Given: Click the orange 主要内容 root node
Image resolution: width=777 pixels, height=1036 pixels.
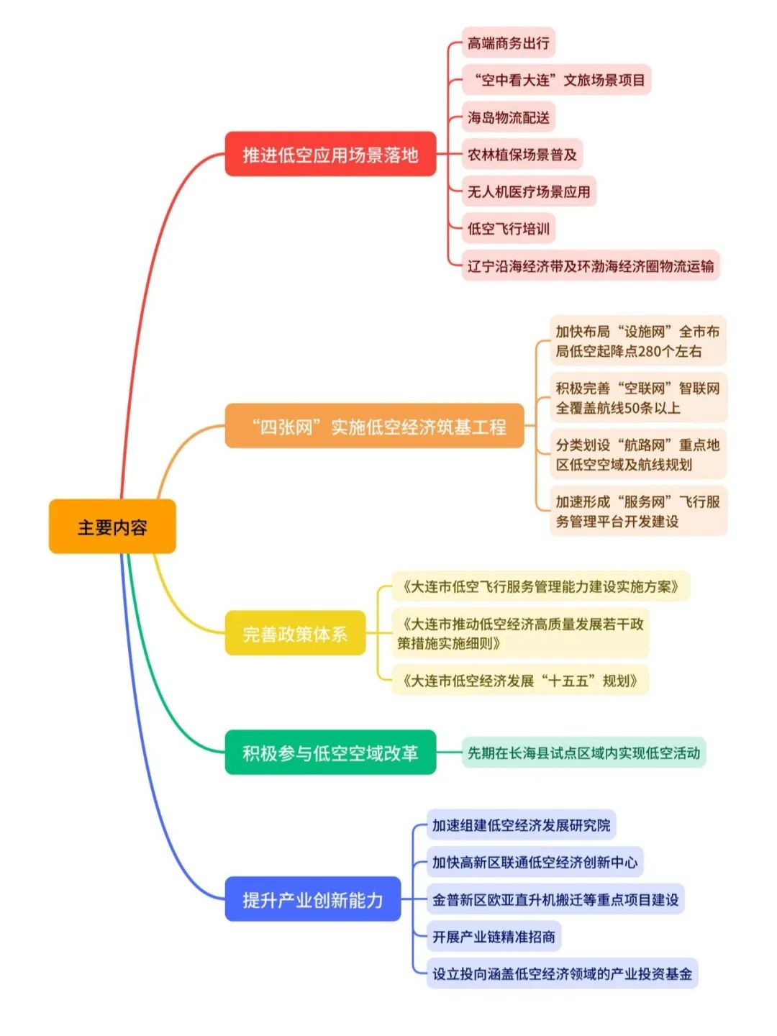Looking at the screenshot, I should tap(112, 527).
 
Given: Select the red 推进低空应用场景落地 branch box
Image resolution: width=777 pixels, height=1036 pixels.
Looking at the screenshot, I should tap(330, 154).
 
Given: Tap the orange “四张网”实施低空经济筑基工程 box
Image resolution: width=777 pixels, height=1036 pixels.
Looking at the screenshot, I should tap(374, 426).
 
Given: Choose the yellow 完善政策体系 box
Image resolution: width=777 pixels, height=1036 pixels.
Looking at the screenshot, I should tap(295, 633).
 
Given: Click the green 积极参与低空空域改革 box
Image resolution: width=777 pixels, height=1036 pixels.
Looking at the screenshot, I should tap(330, 753).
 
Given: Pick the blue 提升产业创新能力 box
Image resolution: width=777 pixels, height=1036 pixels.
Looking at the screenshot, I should tap(313, 899).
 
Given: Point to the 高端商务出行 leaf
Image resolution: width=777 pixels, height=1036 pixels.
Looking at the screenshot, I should tap(508, 43).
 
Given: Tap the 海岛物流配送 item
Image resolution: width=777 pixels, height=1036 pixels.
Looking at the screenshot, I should tap(508, 117).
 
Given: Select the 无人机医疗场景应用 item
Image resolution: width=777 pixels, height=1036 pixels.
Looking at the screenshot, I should tap(529, 191).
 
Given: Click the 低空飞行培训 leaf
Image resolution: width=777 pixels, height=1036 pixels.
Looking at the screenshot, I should tap(508, 229).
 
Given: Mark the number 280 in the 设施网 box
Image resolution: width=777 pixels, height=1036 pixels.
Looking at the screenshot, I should tap(650, 352).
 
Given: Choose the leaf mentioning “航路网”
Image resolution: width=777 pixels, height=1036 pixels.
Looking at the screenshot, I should tap(637, 455).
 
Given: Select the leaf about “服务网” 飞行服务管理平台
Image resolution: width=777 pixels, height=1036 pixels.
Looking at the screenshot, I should tap(637, 511).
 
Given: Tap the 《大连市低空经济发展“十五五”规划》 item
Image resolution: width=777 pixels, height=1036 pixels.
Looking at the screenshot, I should tap(519, 681).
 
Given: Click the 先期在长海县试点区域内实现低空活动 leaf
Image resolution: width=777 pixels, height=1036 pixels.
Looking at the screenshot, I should tap(583, 753).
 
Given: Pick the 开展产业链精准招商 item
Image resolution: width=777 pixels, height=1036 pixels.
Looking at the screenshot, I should tap(494, 937).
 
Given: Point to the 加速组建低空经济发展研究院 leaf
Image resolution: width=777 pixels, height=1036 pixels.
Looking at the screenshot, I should tap(521, 825).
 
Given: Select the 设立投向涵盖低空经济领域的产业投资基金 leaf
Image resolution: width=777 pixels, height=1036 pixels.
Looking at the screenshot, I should tap(562, 974).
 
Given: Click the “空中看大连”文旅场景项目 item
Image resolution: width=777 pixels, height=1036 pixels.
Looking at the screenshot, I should tap(556, 80).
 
